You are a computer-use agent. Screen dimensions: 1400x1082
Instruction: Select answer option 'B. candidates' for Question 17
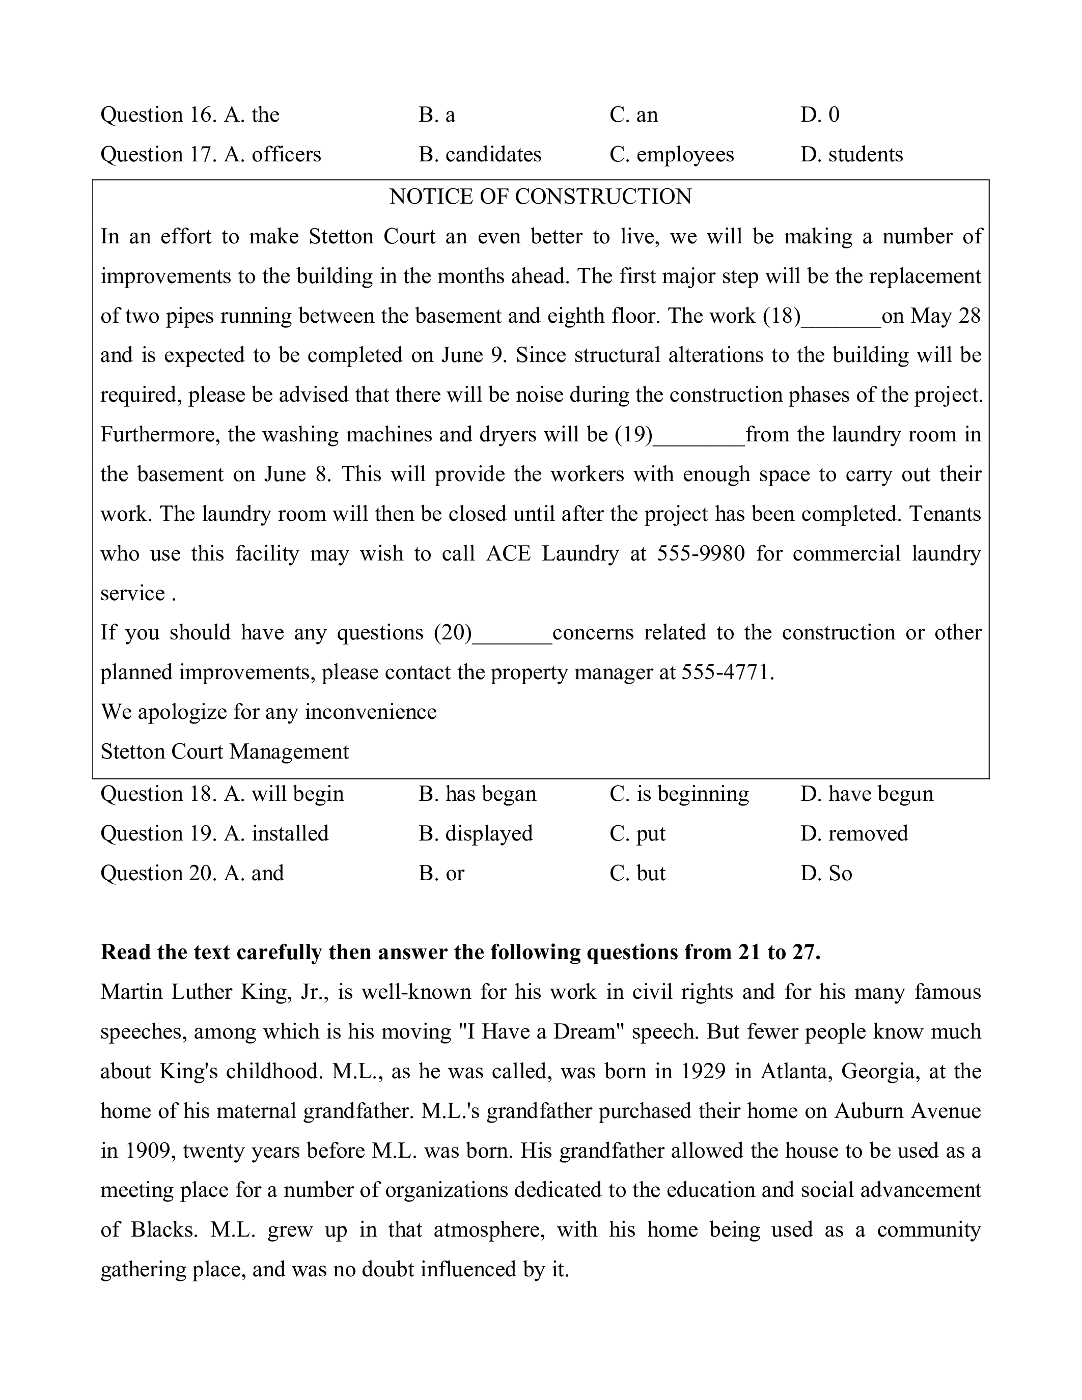(x=480, y=154)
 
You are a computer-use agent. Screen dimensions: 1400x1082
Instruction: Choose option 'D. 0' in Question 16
(x=820, y=115)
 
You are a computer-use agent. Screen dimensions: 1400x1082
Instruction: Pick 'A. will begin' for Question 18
(x=284, y=794)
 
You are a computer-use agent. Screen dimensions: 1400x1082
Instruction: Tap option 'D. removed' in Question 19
(x=854, y=833)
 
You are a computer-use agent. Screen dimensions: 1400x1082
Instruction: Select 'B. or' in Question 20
(x=441, y=873)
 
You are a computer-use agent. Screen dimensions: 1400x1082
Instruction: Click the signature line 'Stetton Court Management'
(x=225, y=752)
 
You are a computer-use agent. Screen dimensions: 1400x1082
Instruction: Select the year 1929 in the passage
(x=703, y=1071)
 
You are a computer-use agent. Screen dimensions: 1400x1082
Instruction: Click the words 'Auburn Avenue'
(x=907, y=1111)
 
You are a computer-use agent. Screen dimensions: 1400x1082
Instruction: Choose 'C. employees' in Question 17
(x=672, y=154)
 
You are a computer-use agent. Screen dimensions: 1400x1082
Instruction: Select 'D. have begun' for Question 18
(x=867, y=794)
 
